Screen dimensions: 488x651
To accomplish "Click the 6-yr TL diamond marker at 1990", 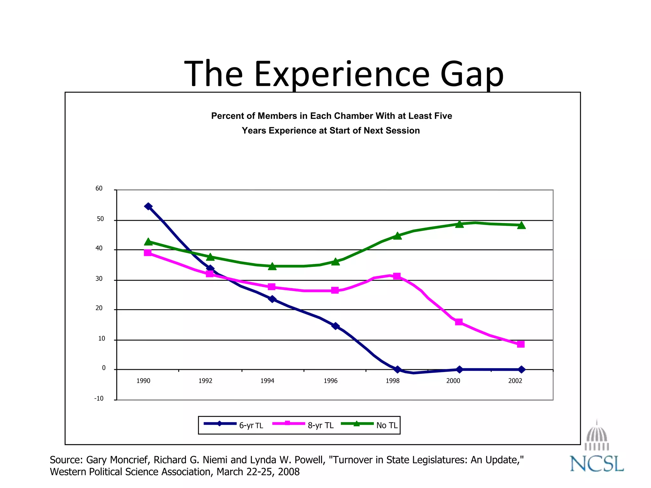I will [x=148, y=207].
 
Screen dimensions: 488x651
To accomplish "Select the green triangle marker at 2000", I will [x=459, y=224].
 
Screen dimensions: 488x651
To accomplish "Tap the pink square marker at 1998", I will [x=397, y=276].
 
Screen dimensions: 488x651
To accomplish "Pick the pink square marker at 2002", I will [x=521, y=344].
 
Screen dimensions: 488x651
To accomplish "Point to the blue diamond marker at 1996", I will [x=335, y=326].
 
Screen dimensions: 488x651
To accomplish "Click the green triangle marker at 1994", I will [x=272, y=267].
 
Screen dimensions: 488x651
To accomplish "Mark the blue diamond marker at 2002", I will [x=521, y=369].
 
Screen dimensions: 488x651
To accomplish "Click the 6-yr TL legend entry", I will [x=234, y=425].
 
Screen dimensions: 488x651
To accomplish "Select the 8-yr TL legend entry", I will [x=303, y=425].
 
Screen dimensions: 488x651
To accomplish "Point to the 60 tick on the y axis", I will [x=99, y=188].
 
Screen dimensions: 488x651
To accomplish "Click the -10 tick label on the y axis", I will [x=99, y=398].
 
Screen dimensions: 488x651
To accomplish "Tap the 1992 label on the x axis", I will [x=205, y=381].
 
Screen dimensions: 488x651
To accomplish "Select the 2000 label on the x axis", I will [x=453, y=381].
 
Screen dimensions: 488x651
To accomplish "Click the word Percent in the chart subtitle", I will [x=228, y=116].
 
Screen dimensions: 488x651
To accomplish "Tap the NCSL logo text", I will [x=597, y=464].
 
